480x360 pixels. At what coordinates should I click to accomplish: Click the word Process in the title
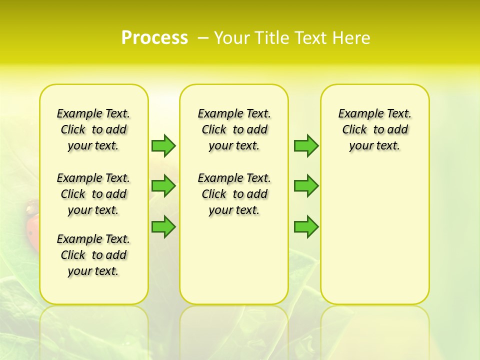(x=154, y=38)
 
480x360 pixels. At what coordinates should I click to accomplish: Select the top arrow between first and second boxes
(x=163, y=145)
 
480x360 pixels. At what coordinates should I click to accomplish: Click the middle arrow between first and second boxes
(x=163, y=186)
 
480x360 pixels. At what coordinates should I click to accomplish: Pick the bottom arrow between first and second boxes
(x=163, y=226)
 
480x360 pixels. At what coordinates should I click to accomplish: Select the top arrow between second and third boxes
(x=306, y=145)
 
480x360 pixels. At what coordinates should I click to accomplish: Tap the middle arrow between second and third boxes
(x=306, y=186)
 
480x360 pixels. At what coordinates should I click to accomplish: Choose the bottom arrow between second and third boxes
(x=306, y=226)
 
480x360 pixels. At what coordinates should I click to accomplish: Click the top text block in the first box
(x=93, y=129)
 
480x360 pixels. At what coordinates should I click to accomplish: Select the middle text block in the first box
(x=93, y=194)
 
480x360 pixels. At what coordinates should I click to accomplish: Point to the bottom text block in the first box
(x=93, y=255)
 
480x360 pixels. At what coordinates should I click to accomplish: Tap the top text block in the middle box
(x=234, y=129)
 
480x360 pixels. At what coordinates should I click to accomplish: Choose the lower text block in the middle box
(x=234, y=194)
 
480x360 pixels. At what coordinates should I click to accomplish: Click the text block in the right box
(x=375, y=129)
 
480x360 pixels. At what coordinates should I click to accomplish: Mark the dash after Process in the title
(x=203, y=38)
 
